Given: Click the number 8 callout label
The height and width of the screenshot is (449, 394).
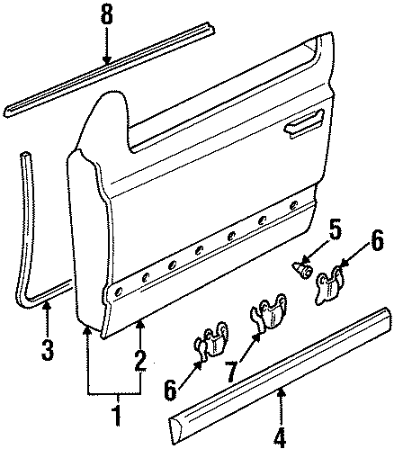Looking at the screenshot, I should click(106, 14).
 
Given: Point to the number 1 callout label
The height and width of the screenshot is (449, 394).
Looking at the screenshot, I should click(113, 418).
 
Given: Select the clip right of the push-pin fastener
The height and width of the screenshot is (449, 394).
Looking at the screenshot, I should click(333, 280).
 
